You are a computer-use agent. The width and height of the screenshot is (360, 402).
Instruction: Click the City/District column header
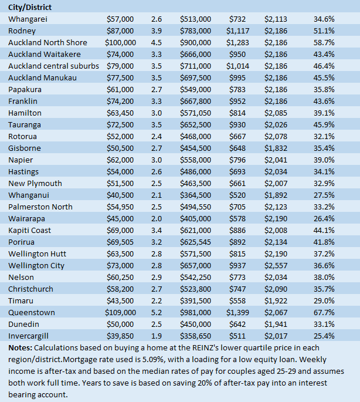click(x=30, y=7)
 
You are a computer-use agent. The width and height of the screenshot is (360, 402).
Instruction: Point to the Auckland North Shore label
click(x=47, y=42)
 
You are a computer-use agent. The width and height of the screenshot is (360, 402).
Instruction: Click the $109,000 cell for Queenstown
click(x=120, y=312)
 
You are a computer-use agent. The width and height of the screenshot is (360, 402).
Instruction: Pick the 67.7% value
click(x=324, y=312)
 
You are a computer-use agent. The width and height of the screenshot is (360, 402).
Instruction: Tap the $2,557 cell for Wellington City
click(x=276, y=265)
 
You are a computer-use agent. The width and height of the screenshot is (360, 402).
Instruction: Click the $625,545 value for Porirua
click(x=195, y=242)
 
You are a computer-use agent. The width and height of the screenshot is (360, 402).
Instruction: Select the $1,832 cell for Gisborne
click(x=276, y=148)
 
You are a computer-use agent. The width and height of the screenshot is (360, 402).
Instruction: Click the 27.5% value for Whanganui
click(x=324, y=195)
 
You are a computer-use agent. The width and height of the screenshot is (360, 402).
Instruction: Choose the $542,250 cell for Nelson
click(x=195, y=277)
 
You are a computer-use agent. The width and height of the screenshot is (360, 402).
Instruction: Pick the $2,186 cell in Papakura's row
click(x=276, y=89)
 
